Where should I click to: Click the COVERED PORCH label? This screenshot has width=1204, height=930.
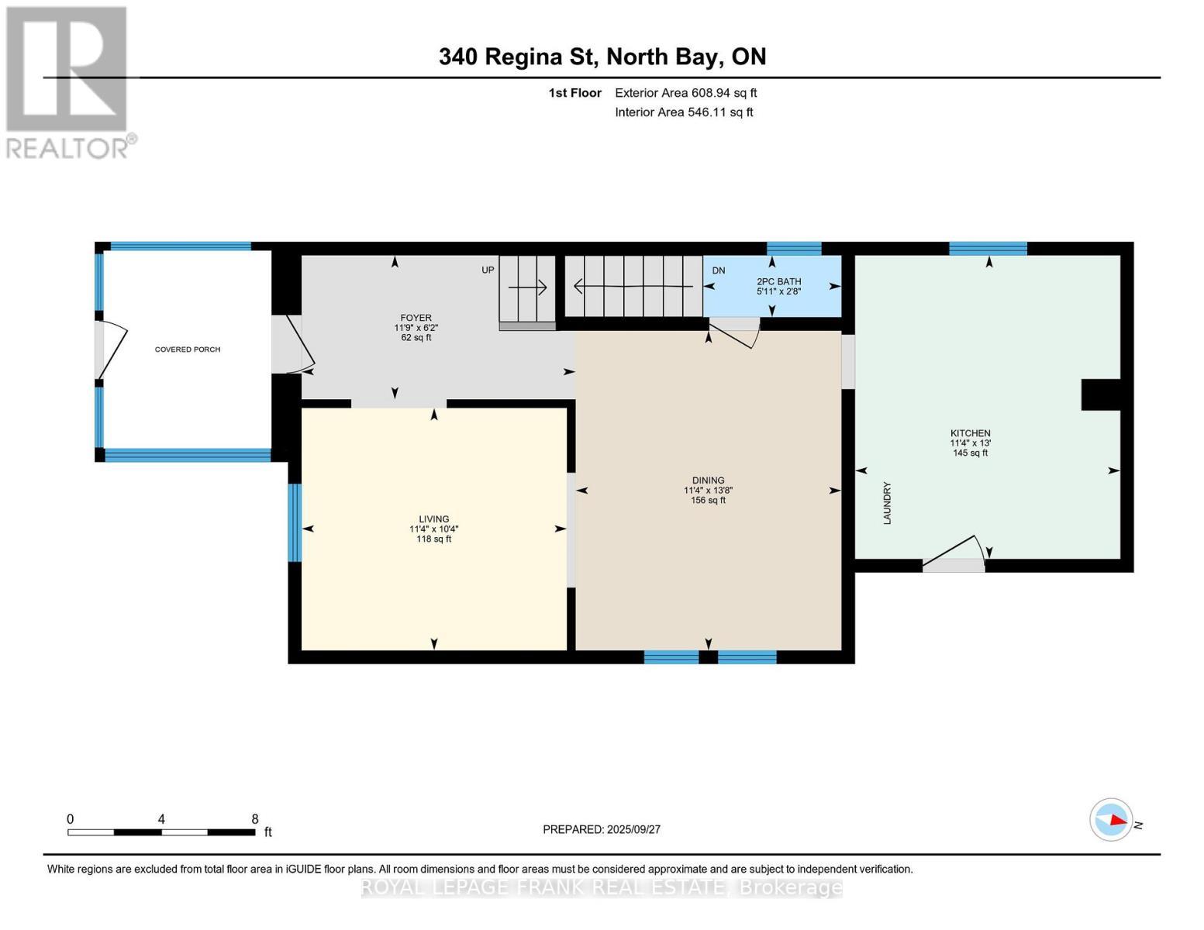tap(188, 350)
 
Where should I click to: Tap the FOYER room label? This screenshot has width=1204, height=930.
tap(416, 318)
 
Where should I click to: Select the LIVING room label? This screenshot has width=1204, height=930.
tap(433, 519)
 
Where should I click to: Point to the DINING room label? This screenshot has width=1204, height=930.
tap(708, 480)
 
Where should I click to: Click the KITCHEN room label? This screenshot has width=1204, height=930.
tap(970, 433)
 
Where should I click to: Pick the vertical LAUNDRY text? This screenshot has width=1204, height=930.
tap(887, 504)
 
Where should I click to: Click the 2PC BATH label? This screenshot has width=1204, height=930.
tap(778, 281)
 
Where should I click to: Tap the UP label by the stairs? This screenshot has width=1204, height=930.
tap(488, 270)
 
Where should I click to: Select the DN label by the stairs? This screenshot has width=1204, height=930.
tap(718, 270)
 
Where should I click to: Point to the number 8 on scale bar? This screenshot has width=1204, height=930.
tap(254, 819)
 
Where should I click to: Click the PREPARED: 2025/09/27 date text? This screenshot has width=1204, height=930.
tap(602, 829)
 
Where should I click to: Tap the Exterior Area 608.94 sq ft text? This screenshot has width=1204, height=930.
tap(685, 93)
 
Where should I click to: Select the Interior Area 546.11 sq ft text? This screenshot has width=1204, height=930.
tap(684, 112)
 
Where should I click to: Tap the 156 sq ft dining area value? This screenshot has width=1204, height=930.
tap(708, 501)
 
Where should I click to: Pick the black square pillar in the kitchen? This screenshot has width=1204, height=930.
tap(1101, 394)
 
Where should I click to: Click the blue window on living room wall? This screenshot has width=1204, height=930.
tap(295, 522)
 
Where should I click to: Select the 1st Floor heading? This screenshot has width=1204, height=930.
tap(574, 93)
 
